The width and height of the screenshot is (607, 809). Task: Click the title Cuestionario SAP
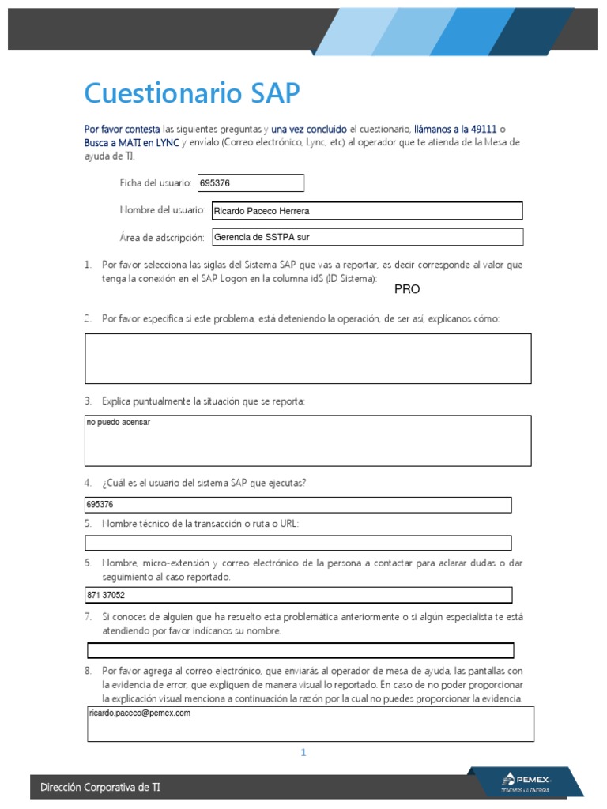point(192,93)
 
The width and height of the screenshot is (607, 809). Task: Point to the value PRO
point(407,290)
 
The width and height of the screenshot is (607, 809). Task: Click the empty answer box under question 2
point(307,358)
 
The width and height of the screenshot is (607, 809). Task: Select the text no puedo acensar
point(119,423)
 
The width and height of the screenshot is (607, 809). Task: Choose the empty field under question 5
point(298,543)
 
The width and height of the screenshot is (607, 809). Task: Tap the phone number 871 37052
point(106,595)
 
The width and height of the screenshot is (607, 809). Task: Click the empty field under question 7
point(300,650)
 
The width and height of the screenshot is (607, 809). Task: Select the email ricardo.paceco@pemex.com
point(140,713)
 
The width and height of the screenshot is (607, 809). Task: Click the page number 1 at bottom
point(303,753)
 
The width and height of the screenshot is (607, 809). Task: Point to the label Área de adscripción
point(162,238)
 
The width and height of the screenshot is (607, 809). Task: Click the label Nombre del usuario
point(162,210)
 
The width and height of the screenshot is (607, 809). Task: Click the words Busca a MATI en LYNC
point(131,143)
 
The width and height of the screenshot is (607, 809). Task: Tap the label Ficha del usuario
point(155,183)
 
